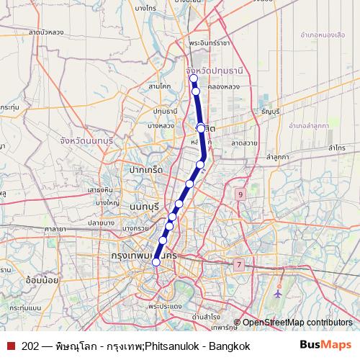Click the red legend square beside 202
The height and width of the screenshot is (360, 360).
click(x=11, y=346)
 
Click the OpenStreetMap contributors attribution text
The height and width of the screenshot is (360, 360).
click(x=297, y=323)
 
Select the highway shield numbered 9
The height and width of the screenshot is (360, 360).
click(x=240, y=195)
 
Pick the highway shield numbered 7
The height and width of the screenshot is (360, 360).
click(x=238, y=265)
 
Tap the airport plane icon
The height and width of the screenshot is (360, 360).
click(x=279, y=294)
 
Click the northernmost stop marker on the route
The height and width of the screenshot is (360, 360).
click(x=194, y=78)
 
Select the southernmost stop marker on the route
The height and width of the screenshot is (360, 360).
click(x=156, y=262)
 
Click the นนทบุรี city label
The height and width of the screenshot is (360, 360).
click(x=145, y=207)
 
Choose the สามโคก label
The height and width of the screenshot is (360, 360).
click(x=158, y=86)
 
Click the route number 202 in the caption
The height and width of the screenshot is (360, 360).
click(x=31, y=346)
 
